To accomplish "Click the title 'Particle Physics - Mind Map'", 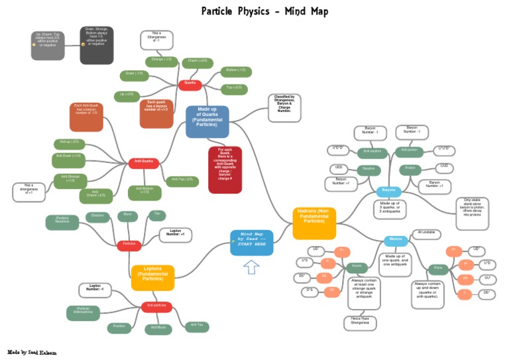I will coord(264,11).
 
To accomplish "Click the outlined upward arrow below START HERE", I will coord(251,267).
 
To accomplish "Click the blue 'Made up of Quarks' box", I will coord(207,121).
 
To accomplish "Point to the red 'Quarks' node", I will coord(190,84).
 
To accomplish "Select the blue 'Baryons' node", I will coord(388,191).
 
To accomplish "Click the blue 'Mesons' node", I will coord(396,241).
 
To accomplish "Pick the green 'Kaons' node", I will coord(357,268).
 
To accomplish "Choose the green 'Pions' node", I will coord(437,269).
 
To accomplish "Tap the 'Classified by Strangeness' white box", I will coord(284,107).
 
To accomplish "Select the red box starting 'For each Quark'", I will coord(225,170).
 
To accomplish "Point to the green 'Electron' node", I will coord(98,216).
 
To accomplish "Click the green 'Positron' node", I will coord(119,328).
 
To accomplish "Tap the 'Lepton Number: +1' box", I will coord(176,234).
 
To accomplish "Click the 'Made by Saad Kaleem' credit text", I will coord(32,352).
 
